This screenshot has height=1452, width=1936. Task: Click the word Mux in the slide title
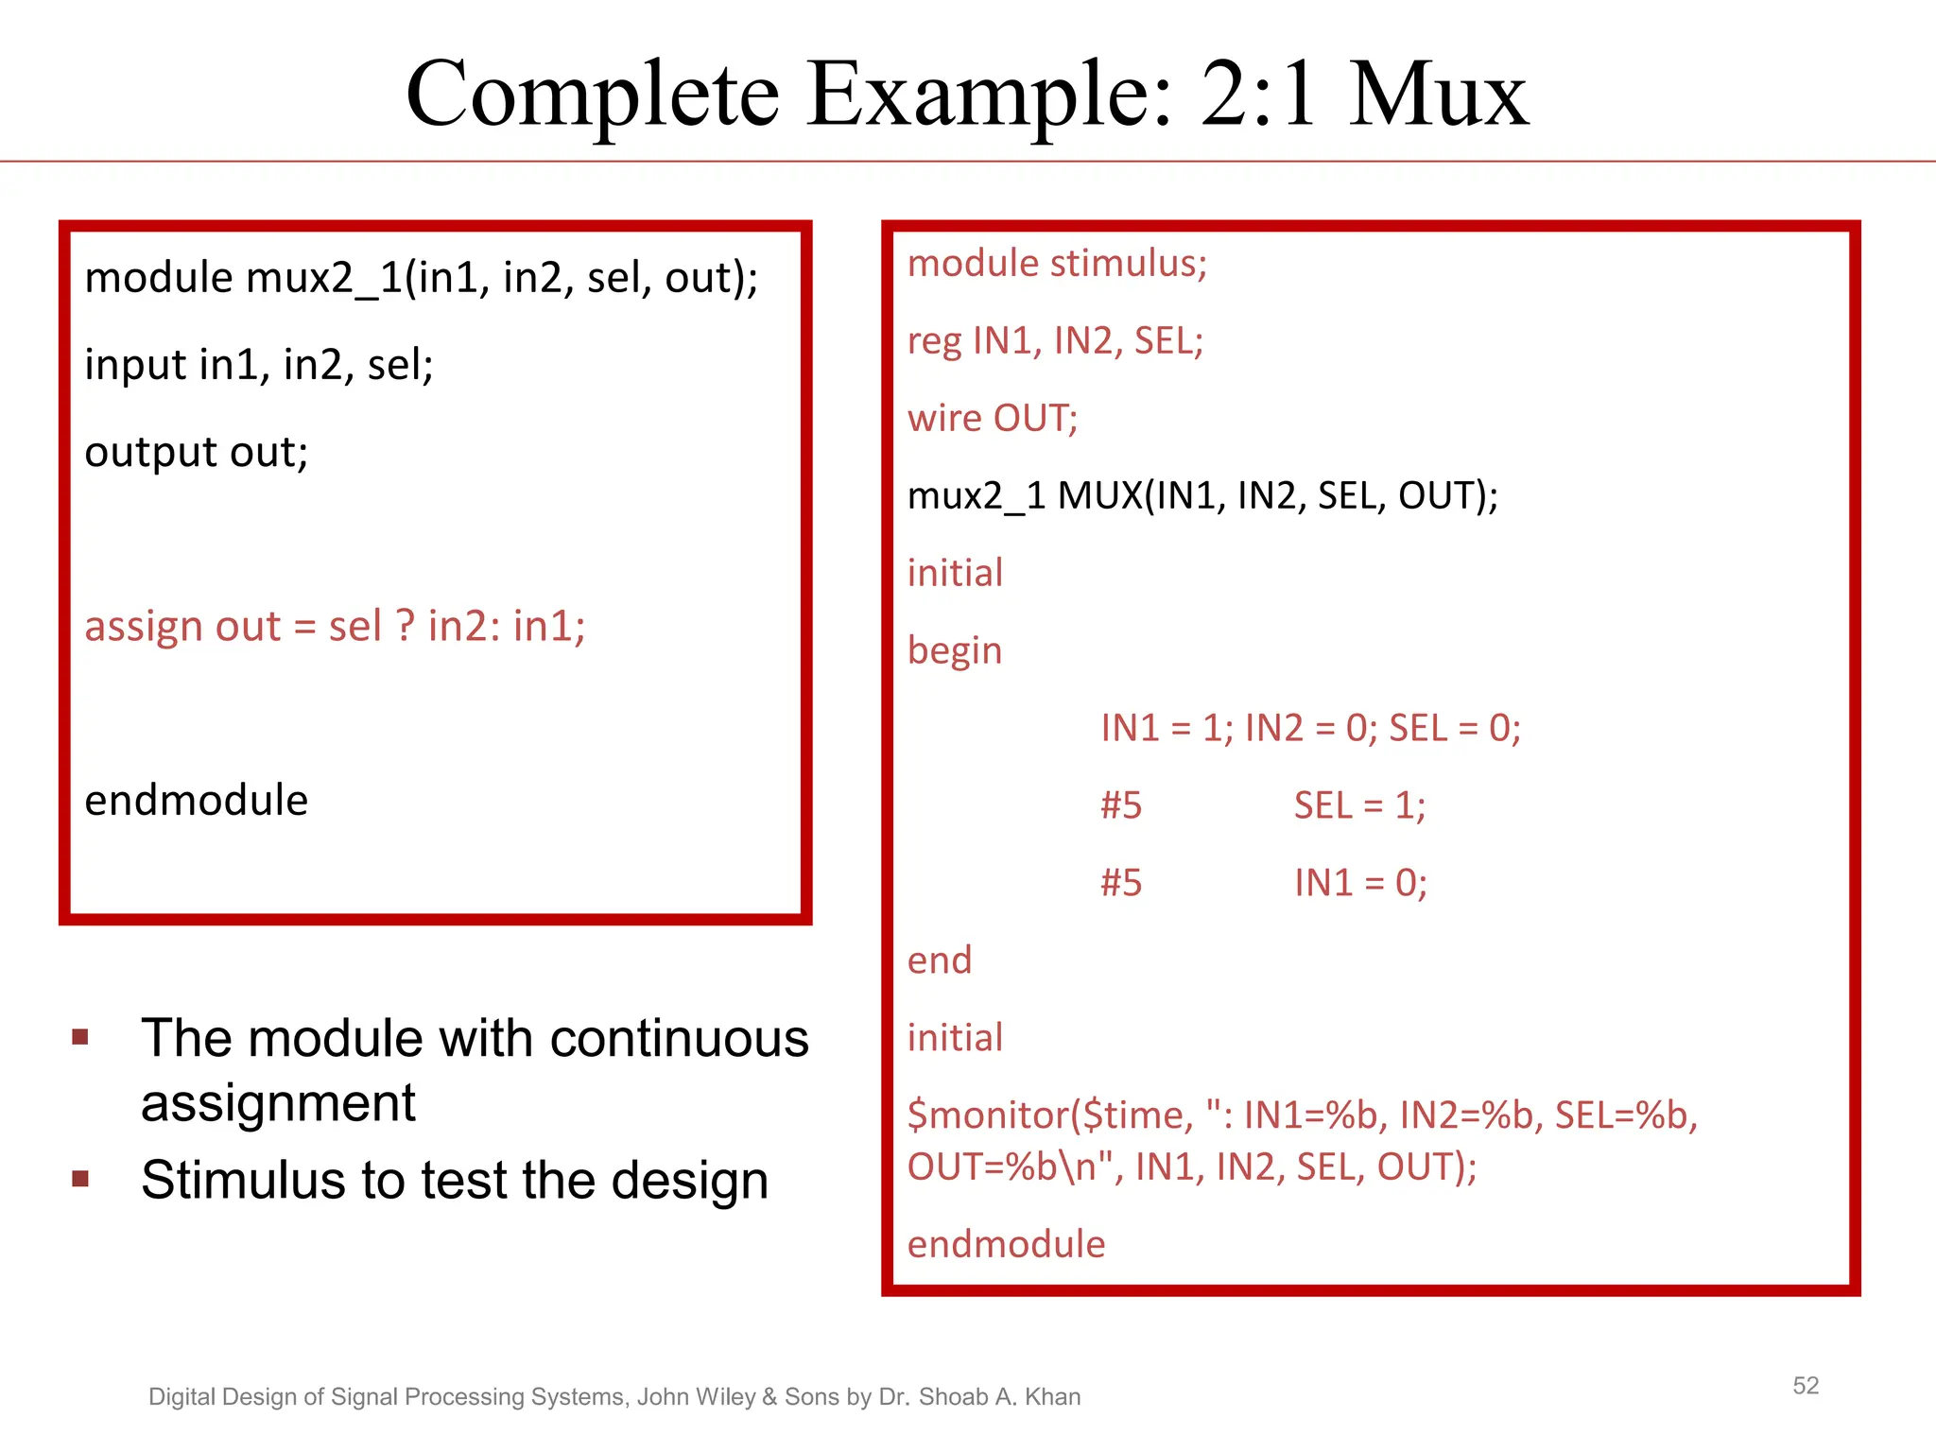pyautogui.click(x=1438, y=95)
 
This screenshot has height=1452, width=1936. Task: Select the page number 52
pyautogui.click(x=1806, y=1386)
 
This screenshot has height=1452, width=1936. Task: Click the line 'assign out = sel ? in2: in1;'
pyautogui.click(x=335, y=627)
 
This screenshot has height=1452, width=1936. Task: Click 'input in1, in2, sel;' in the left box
pyautogui.click(x=259, y=365)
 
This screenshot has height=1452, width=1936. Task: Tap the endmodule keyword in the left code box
pyautogui.click(x=197, y=801)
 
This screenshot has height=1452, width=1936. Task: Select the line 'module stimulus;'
pyautogui.click(x=1057, y=264)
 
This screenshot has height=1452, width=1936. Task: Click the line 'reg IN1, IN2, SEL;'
pyautogui.click(x=1055, y=341)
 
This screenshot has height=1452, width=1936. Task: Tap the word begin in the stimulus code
pyautogui.click(x=954, y=651)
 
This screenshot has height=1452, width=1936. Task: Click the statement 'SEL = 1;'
pyautogui.click(x=1359, y=806)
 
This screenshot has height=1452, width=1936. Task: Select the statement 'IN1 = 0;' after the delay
pyautogui.click(x=1360, y=884)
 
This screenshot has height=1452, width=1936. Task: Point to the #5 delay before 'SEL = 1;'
pyautogui.click(x=1121, y=806)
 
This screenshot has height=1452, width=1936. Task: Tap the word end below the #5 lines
pyautogui.click(x=940, y=961)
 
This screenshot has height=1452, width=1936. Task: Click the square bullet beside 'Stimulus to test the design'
pyautogui.click(x=80, y=1179)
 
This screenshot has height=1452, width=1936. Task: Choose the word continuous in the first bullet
pyautogui.click(x=679, y=1039)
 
